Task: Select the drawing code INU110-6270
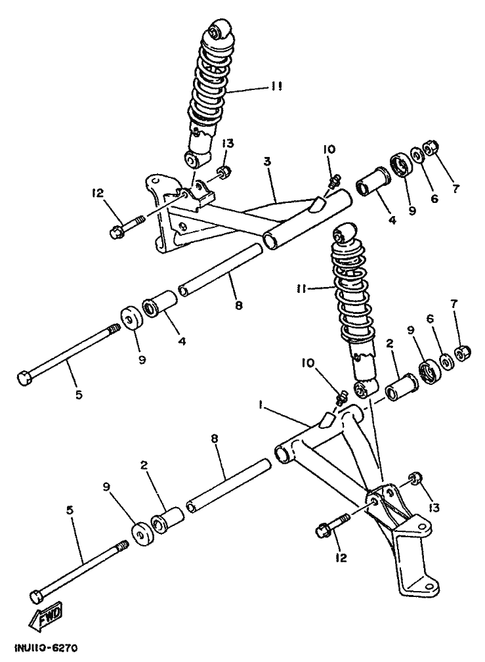coord(41,649)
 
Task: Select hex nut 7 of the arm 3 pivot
coord(431,148)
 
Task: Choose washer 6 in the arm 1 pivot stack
coord(446,361)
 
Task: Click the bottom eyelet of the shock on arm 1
coord(362,390)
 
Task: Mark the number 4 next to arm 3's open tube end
coord(391,222)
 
